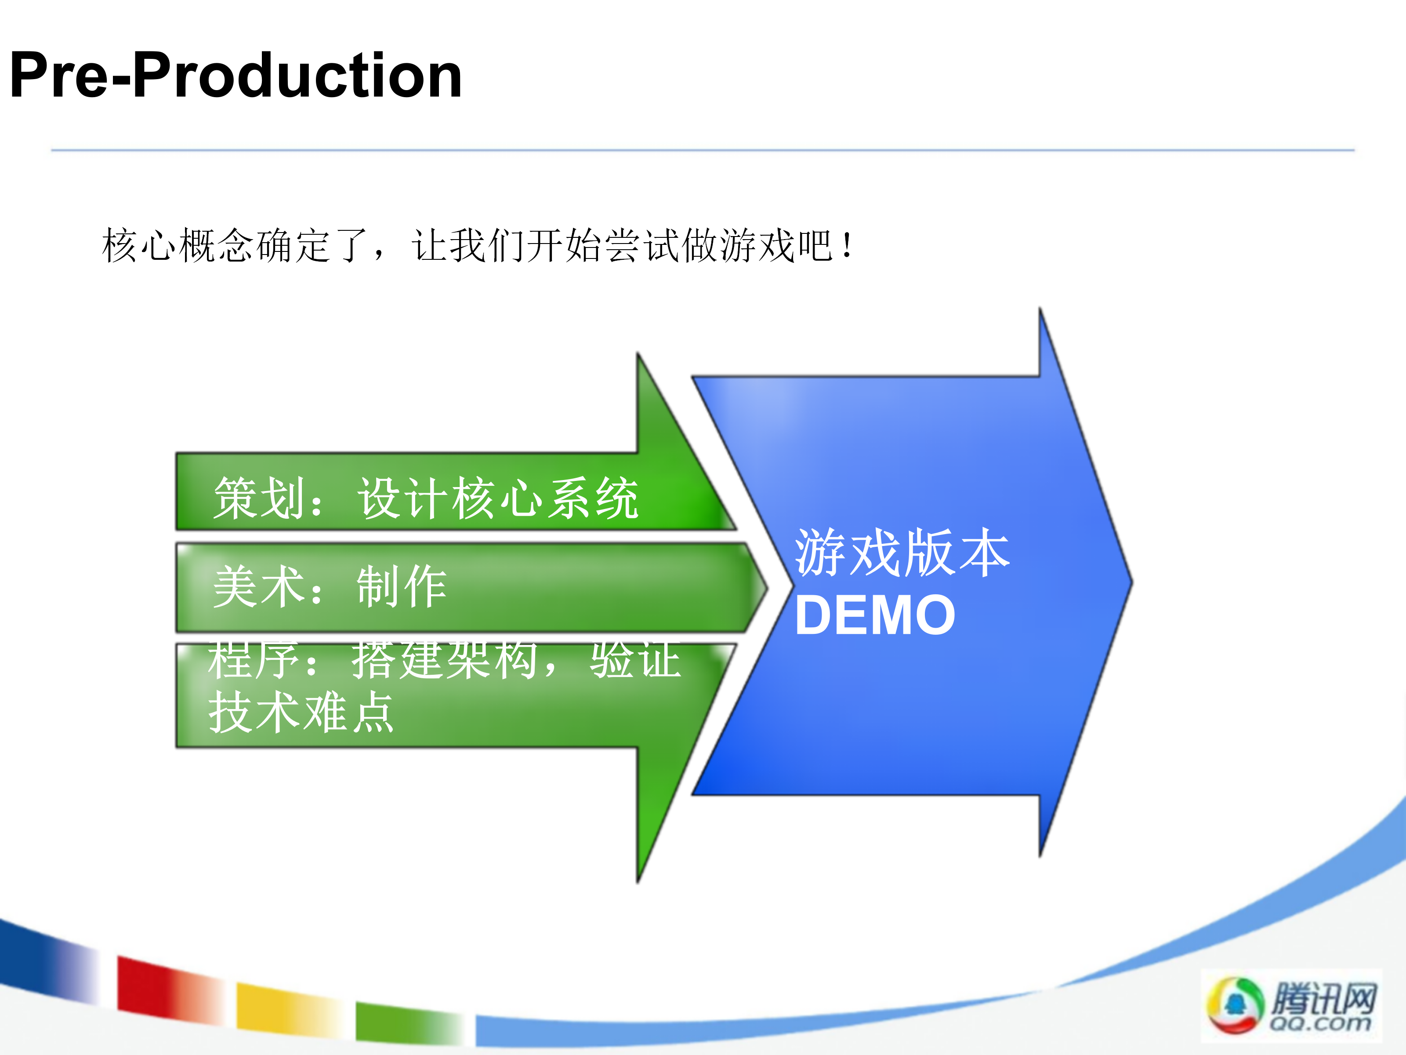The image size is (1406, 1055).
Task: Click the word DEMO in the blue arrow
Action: (x=875, y=615)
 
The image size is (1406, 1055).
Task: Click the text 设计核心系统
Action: (x=498, y=498)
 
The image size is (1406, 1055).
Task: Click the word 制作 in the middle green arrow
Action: (x=402, y=586)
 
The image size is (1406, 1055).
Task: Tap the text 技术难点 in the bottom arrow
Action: (x=301, y=712)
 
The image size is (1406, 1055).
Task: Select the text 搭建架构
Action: (x=446, y=660)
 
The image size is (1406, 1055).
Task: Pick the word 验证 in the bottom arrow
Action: (x=636, y=660)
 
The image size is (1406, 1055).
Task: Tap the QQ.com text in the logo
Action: (x=1319, y=1023)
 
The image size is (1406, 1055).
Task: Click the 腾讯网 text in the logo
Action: (x=1323, y=998)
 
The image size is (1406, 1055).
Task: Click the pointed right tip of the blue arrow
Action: (x=1132, y=581)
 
